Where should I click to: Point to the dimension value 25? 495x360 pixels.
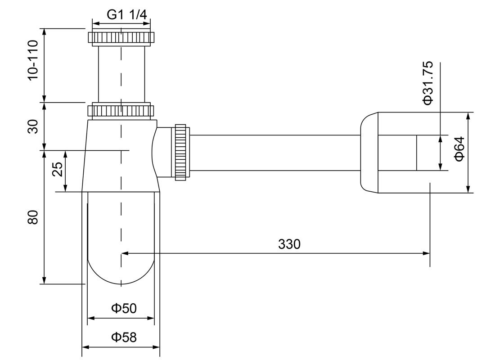[57, 171]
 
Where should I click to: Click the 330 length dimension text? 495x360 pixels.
[289, 244]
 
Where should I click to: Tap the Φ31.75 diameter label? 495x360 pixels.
[427, 83]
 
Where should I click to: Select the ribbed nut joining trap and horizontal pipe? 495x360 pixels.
[181, 152]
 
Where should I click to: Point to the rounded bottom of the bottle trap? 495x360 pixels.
[121, 270]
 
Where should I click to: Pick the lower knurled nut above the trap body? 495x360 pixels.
[121, 110]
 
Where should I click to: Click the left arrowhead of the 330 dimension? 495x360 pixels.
[125, 253]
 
